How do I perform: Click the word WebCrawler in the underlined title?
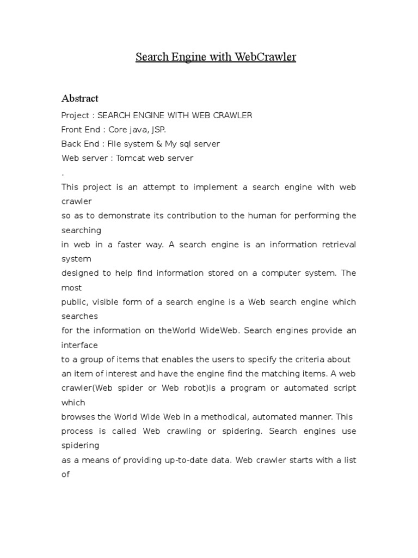click(258, 57)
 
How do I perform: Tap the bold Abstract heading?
click(80, 99)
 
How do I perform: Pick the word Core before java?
click(118, 130)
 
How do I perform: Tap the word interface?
click(79, 345)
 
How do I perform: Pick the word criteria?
click(308, 359)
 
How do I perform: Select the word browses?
click(78, 417)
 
